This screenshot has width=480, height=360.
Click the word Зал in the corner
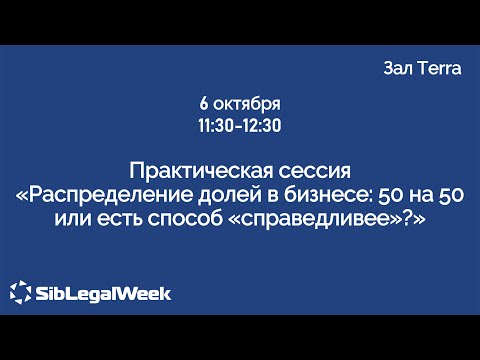point(398,68)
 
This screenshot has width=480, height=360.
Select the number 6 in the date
point(204,104)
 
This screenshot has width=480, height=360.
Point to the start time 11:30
point(217,126)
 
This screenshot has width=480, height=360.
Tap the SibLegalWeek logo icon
point(21,292)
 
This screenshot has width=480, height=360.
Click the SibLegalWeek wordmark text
point(103,293)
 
